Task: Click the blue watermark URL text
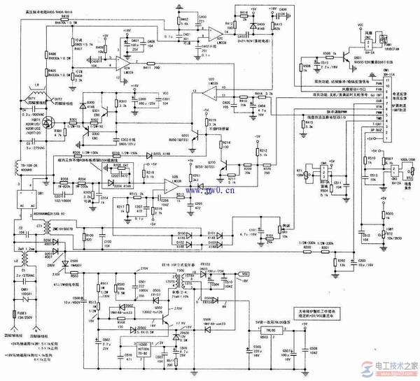click(x=210, y=188)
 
